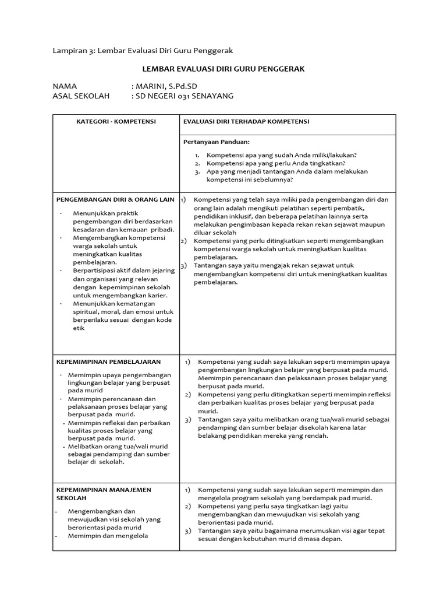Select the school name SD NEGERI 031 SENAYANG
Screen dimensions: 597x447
click(185, 96)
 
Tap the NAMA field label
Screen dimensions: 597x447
click(65, 86)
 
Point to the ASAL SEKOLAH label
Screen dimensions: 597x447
click(79, 96)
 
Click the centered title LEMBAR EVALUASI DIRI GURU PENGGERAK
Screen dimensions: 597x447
click(223, 69)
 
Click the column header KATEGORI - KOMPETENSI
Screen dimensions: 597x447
click(116, 121)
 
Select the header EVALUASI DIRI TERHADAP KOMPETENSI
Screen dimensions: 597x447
click(246, 121)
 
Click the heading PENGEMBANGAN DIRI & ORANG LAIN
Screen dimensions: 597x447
click(115, 199)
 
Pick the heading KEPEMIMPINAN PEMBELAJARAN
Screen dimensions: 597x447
click(108, 361)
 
